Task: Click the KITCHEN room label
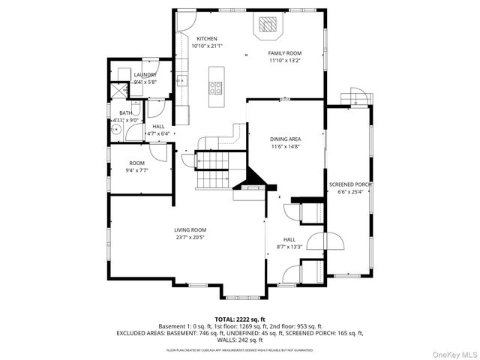click(207, 38)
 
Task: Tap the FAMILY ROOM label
click(284, 53)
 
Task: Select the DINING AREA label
click(286, 139)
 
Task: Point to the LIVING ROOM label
click(190, 230)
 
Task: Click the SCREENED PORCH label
click(351, 184)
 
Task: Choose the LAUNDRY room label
click(145, 75)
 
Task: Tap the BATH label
click(125, 112)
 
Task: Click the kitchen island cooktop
click(216, 85)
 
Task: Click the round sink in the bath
click(115, 129)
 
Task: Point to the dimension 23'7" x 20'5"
click(190, 238)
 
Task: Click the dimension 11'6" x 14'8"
click(286, 147)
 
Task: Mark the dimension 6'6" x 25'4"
click(351, 191)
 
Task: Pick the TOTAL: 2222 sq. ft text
click(240, 319)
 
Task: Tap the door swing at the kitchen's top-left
click(185, 22)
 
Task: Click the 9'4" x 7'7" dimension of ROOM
click(137, 170)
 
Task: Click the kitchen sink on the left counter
click(181, 79)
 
